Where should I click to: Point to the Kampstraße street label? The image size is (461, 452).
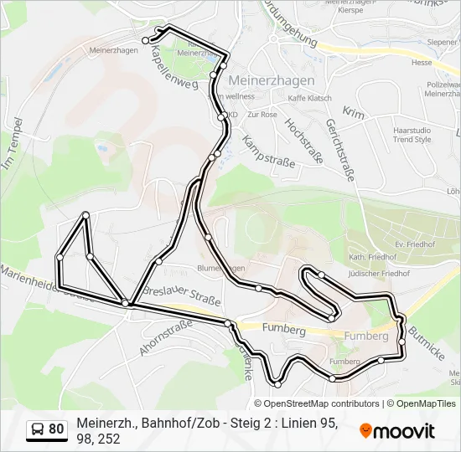pos(269,148)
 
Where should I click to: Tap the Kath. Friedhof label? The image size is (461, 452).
pos(368,256)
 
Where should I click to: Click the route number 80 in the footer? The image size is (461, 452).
pos(56,429)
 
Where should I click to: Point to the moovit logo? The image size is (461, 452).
pos(397,431)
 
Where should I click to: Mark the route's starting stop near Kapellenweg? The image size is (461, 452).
pos(145,40)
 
